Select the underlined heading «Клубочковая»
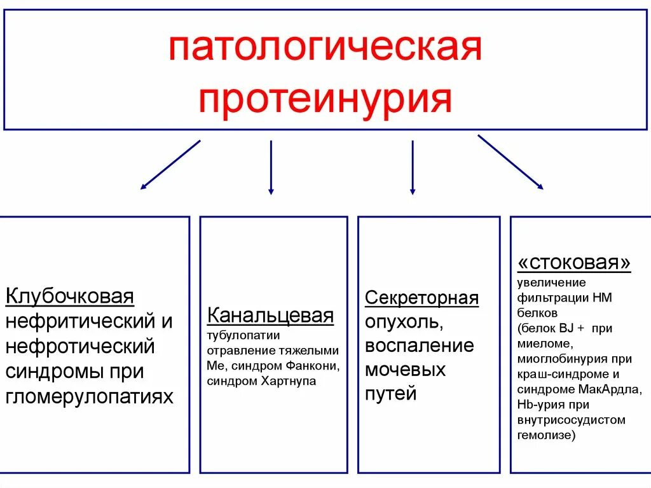pyautogui.click(x=70, y=296)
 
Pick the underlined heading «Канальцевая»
pyautogui.click(x=270, y=316)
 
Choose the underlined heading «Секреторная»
pyautogui.click(x=421, y=298)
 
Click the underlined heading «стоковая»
pyautogui.click(x=575, y=263)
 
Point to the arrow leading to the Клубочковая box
pyautogui.click(x=170, y=165)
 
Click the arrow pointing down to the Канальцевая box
pyautogui.click(x=271, y=167)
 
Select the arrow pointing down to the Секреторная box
pyautogui.click(x=413, y=167)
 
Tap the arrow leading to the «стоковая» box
pyautogui.click(x=511, y=162)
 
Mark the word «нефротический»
pyautogui.click(x=80, y=347)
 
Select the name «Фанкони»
pyautogui.click(x=315, y=366)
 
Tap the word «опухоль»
pyautogui.click(x=402, y=322)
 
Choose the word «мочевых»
pyautogui.click(x=405, y=370)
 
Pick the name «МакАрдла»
pyautogui.click(x=621, y=389)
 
